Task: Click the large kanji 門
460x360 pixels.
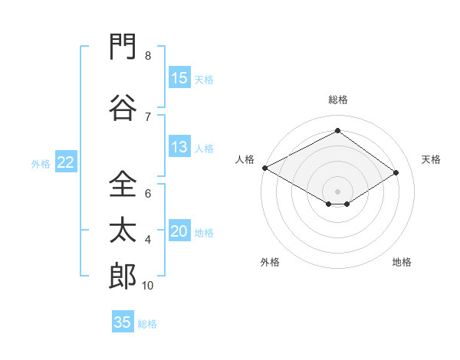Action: point(123,46)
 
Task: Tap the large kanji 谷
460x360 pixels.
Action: point(123,107)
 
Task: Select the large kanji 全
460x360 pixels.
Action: point(123,184)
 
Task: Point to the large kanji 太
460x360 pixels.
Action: point(123,230)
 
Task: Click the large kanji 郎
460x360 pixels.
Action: point(123,276)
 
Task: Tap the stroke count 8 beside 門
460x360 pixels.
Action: point(148,56)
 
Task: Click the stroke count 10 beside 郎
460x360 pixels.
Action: point(147,286)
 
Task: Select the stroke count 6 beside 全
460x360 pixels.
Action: point(148,194)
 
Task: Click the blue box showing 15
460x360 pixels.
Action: point(179,77)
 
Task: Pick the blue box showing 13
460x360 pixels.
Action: point(179,146)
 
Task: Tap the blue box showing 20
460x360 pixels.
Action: point(179,230)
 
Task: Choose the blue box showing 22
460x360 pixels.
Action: point(66,162)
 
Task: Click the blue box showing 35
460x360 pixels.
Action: point(123,321)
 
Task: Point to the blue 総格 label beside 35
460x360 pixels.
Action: point(147,324)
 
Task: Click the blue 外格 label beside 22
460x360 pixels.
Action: point(41,164)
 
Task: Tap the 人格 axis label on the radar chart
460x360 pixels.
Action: point(245,159)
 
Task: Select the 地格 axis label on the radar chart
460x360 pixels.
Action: point(402,262)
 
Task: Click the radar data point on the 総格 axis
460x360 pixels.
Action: point(337,130)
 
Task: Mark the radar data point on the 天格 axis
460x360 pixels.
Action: point(396,172)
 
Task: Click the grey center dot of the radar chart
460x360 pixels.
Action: point(337,191)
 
